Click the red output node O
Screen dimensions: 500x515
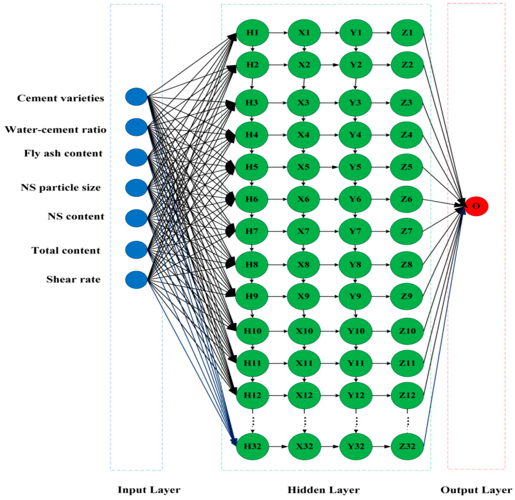[x=476, y=206]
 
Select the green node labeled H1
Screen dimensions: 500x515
[x=252, y=33]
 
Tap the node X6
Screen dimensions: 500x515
[x=303, y=199]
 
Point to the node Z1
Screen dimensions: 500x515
[x=407, y=33]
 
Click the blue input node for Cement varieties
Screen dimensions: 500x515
[x=136, y=97]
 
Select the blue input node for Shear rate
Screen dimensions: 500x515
[x=136, y=280]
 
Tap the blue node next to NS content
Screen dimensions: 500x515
[x=136, y=218]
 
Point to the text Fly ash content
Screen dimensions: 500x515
[x=63, y=153]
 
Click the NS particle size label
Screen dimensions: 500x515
[x=61, y=187]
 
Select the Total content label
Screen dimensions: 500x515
[x=66, y=250]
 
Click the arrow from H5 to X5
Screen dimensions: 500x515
[x=278, y=167]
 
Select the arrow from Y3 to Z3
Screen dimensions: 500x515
[x=381, y=103]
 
